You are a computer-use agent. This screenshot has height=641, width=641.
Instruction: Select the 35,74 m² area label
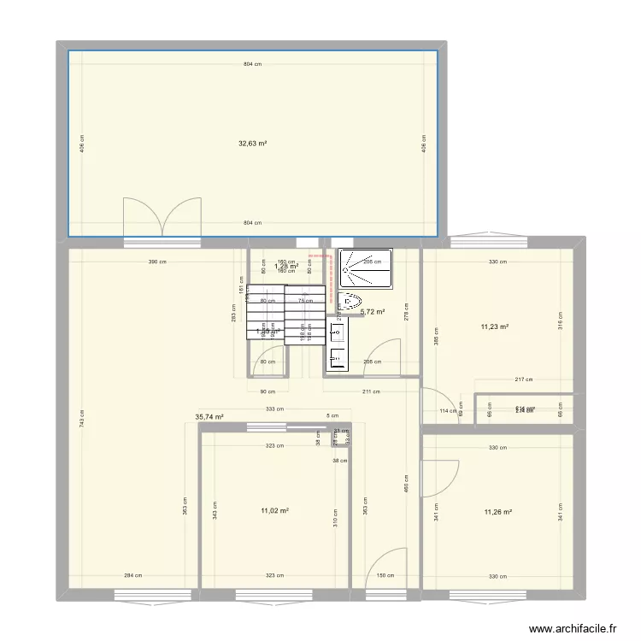click(x=209, y=417)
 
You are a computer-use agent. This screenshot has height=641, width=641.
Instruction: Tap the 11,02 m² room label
click(x=274, y=511)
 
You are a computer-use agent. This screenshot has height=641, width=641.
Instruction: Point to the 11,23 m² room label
click(x=494, y=326)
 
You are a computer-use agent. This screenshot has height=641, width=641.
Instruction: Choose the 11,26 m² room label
click(x=497, y=512)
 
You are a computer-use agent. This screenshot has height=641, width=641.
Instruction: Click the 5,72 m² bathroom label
click(x=373, y=312)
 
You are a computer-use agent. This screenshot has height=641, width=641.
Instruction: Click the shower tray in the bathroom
click(x=367, y=268)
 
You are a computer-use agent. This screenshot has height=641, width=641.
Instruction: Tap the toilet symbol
click(x=350, y=301)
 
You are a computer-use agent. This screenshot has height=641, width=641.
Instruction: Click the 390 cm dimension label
click(x=155, y=262)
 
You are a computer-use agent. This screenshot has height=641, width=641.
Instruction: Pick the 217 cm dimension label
click(x=523, y=380)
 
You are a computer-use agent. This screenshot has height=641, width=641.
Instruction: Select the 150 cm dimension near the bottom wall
click(x=385, y=575)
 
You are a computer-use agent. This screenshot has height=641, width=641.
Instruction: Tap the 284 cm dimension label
click(x=131, y=575)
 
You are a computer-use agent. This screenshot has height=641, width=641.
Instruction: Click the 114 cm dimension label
click(x=442, y=411)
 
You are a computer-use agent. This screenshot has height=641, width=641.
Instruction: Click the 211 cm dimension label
click(x=371, y=392)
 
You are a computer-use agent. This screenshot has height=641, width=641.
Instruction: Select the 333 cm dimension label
click(x=273, y=409)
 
